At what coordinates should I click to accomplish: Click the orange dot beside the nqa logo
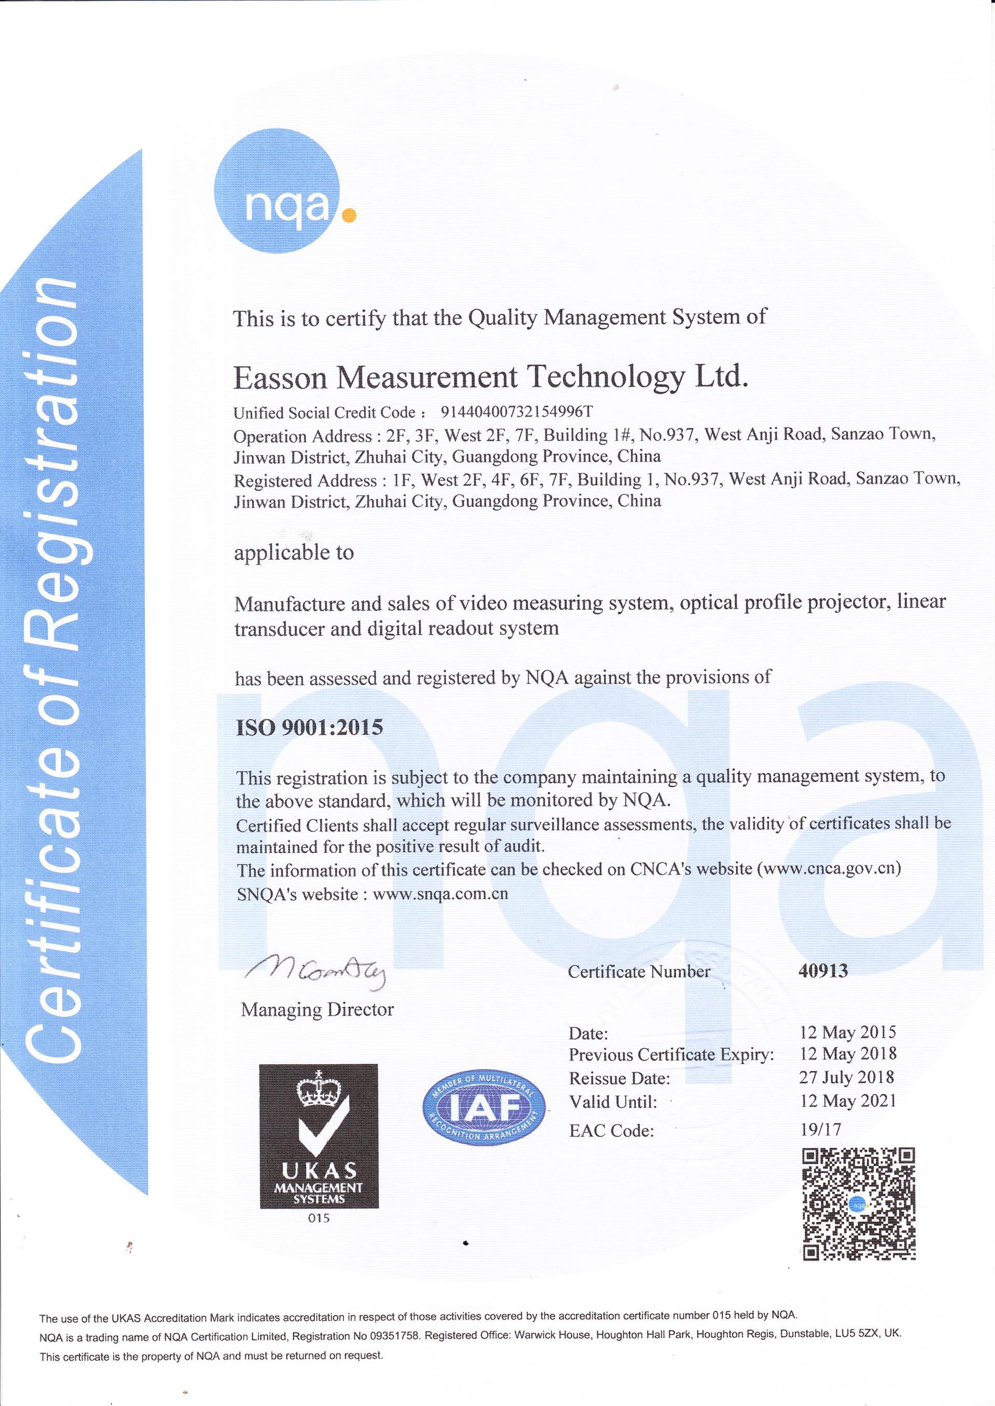click(348, 214)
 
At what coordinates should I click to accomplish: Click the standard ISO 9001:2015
click(309, 728)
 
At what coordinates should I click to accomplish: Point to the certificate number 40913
click(823, 970)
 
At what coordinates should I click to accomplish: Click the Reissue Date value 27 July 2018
click(846, 1078)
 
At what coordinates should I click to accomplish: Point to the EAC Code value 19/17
click(820, 1130)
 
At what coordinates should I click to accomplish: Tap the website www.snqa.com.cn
click(440, 893)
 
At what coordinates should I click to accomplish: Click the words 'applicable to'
click(294, 553)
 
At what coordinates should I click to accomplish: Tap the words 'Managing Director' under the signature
click(317, 1010)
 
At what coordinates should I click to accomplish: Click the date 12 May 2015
click(847, 1033)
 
